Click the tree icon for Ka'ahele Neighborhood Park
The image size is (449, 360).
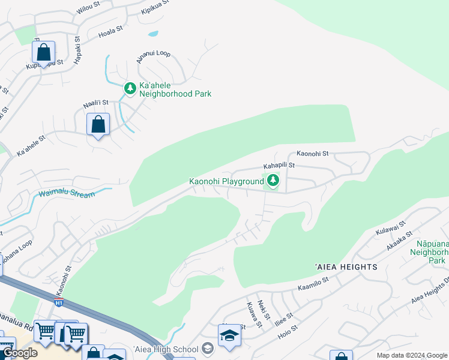pos(130,88)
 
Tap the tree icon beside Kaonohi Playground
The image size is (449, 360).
pos(273,180)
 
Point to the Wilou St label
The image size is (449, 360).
pos(88,8)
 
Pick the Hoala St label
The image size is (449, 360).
pos(110,31)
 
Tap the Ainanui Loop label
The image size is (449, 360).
pos(154,54)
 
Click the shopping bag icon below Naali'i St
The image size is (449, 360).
pos(98,125)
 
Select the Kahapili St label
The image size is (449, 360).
pos(279,165)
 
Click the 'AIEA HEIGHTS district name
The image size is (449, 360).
pos(345,266)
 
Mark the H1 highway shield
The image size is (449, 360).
pos(59,302)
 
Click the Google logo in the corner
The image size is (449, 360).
pos(20,353)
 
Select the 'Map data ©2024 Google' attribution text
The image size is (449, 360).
pos(411,355)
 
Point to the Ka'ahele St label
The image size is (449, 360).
pos(31,146)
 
